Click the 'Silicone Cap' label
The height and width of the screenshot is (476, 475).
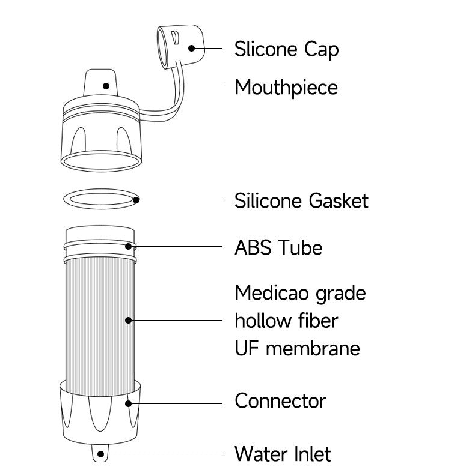pyautogui.click(x=286, y=49)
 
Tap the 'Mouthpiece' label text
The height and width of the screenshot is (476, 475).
pyautogui.click(x=286, y=88)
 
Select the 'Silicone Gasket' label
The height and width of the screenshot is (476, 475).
pyautogui.click(x=301, y=200)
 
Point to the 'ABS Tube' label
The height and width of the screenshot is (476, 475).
pyautogui.click(x=278, y=247)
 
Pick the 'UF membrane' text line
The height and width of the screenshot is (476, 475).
pyautogui.click(x=297, y=348)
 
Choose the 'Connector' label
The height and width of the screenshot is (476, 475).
pyautogui.click(x=280, y=400)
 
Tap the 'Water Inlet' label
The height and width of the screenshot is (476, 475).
pyautogui.click(x=283, y=454)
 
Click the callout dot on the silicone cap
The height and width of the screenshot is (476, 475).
pyautogui.click(x=192, y=48)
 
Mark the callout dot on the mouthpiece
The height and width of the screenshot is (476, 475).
pyautogui.click(x=107, y=86)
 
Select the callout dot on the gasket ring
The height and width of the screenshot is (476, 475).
pyautogui.click(x=136, y=200)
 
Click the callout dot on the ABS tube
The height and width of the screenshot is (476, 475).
pyautogui.click(x=128, y=246)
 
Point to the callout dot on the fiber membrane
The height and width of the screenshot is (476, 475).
pyautogui.click(x=128, y=320)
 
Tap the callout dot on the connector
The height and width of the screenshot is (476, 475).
pyautogui.click(x=127, y=403)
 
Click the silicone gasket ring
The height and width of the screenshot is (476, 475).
pyautogui.click(x=99, y=191)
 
